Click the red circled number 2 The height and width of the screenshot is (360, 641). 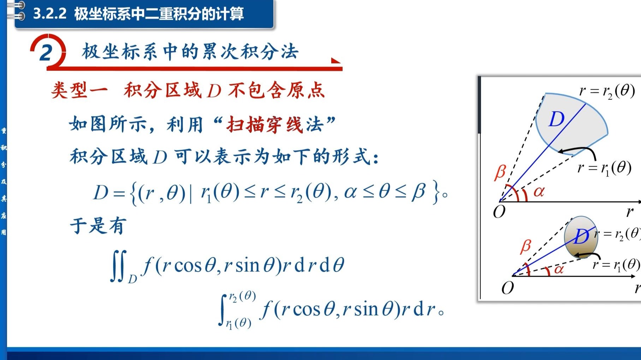point(46,53)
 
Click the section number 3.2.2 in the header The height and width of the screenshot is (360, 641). point(50,14)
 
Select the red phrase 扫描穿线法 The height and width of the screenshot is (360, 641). point(275,125)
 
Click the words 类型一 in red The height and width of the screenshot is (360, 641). point(79,90)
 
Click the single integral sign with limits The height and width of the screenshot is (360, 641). point(222,310)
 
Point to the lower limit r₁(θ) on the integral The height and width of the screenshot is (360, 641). point(239,323)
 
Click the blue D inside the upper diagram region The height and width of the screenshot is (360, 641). point(557,119)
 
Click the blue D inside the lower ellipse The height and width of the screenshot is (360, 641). point(581,236)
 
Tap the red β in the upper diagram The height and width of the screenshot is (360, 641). point(500,172)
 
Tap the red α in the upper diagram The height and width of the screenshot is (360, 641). point(539,192)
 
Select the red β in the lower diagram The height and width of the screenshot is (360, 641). point(526,246)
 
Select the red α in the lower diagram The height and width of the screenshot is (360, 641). point(559,269)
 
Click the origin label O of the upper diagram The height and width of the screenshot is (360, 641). point(499,212)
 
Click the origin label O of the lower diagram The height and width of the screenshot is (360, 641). point(508,288)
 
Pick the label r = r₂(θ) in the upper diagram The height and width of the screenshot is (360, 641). point(607,91)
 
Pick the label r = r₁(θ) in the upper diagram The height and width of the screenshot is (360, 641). point(604,168)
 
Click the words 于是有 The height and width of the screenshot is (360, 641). point(98,226)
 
